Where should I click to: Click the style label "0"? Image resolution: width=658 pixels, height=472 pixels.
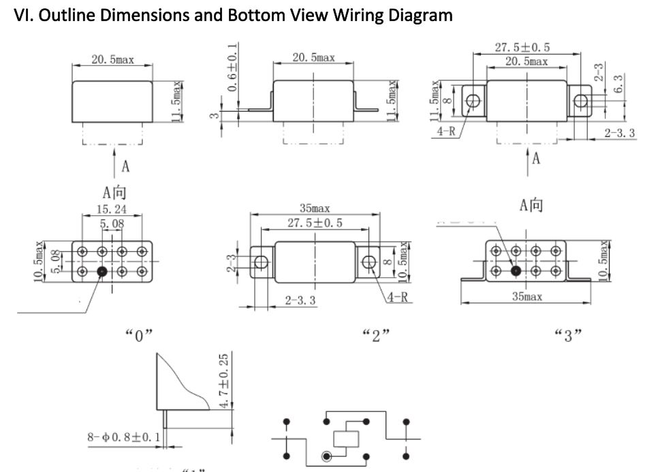tap(140, 335)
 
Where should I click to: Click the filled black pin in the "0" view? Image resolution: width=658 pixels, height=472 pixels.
tap(102, 272)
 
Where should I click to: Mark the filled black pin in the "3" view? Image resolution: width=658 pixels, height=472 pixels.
tap(516, 270)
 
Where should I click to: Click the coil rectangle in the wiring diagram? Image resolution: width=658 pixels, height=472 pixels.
tap(345, 440)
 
